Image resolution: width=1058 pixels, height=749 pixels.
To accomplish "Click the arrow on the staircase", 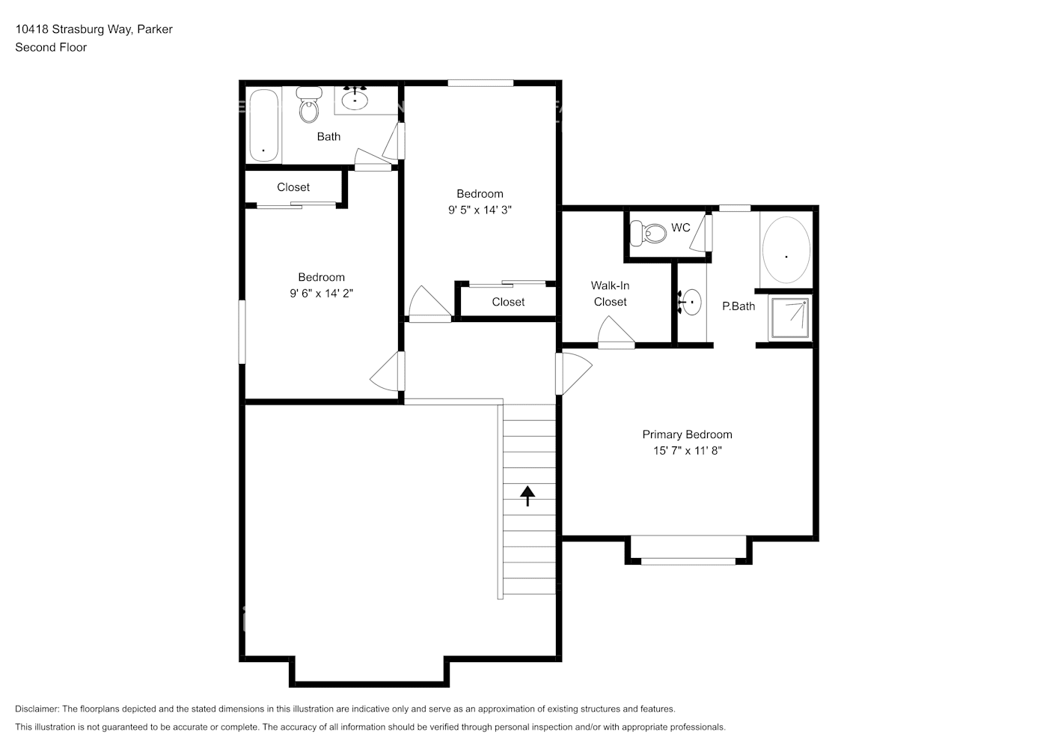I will pos(528,495).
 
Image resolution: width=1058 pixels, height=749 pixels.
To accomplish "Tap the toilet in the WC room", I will pos(648,234).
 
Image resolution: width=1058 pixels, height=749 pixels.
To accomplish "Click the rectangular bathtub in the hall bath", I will pos(263,126).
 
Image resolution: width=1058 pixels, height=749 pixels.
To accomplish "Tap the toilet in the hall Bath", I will pos(308,106).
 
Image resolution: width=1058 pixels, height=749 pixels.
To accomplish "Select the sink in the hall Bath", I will pos(355,98).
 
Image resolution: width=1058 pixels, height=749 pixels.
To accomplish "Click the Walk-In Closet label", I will pos(610,294).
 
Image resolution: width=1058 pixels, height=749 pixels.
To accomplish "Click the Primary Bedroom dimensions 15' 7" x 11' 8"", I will pos(687,451).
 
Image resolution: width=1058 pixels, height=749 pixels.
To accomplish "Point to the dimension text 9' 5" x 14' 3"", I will pos(480,210).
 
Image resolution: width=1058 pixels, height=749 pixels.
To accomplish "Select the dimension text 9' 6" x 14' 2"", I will pos(321,294).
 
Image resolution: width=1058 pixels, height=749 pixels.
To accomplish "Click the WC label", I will pos(680,228).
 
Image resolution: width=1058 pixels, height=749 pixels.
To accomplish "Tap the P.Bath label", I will pos(738,306).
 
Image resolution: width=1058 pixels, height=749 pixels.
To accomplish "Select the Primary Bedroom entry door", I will pos(573,374).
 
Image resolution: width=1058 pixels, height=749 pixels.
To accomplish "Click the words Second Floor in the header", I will pos(51,47).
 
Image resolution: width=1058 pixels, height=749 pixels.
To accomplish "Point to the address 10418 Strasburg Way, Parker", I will pos(94,29).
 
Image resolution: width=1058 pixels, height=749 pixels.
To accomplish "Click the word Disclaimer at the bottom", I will pos(37,709).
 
